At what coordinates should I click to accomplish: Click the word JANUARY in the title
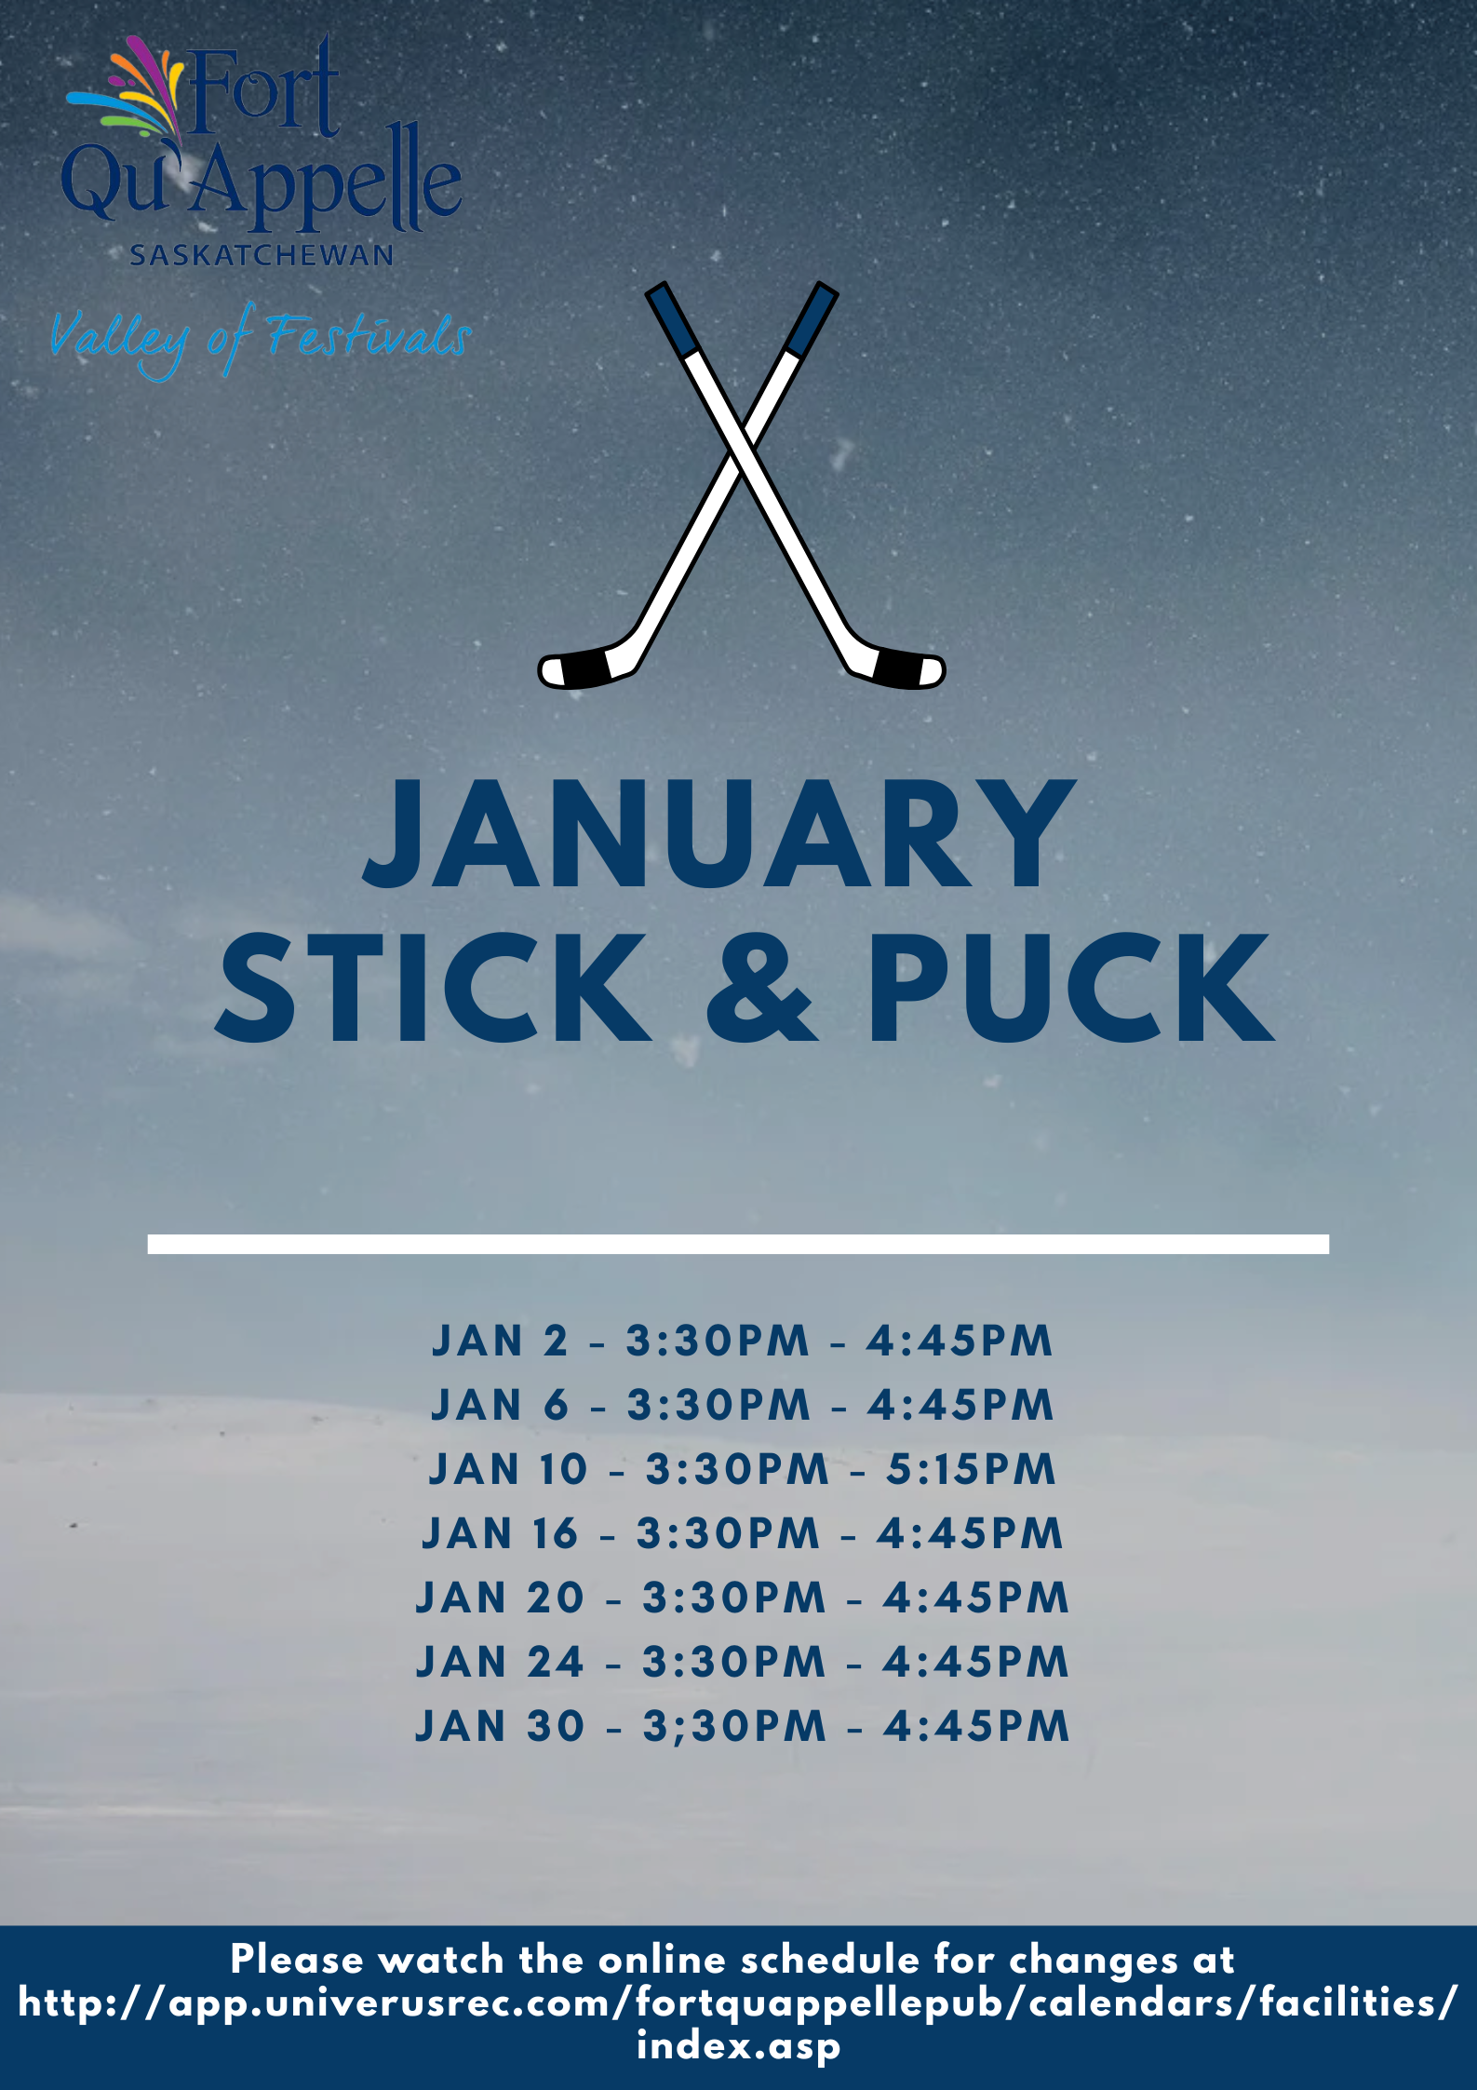click(x=718, y=833)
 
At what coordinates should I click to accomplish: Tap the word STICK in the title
click(x=434, y=989)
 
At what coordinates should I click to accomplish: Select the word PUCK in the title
click(x=1071, y=989)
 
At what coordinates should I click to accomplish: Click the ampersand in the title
click(x=761, y=989)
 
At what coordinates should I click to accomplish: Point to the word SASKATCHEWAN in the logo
click(x=262, y=255)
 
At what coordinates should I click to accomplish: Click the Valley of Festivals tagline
click(x=261, y=339)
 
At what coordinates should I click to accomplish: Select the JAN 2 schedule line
click(x=742, y=1342)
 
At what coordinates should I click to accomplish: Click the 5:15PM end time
click(x=972, y=1470)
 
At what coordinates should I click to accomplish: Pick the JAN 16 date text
click(x=500, y=1534)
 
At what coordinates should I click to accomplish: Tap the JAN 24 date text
click(x=500, y=1663)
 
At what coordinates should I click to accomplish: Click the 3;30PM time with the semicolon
click(x=734, y=1727)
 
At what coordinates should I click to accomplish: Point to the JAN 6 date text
click(x=500, y=1406)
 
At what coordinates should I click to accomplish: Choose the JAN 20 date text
click(x=500, y=1598)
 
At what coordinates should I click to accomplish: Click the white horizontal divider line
click(x=738, y=1244)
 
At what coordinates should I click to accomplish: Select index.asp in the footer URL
click(x=739, y=2046)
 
